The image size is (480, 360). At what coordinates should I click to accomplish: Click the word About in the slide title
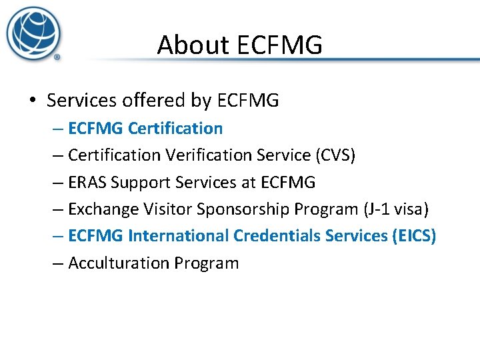pyautogui.click(x=185, y=45)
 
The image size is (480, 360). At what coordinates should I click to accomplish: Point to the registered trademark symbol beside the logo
pyautogui.click(x=57, y=57)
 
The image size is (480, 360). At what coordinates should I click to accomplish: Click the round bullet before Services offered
pyautogui.click(x=33, y=101)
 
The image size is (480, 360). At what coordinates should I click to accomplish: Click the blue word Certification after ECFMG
pyautogui.click(x=175, y=128)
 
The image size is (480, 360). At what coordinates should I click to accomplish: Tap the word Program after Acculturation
pyautogui.click(x=207, y=263)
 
